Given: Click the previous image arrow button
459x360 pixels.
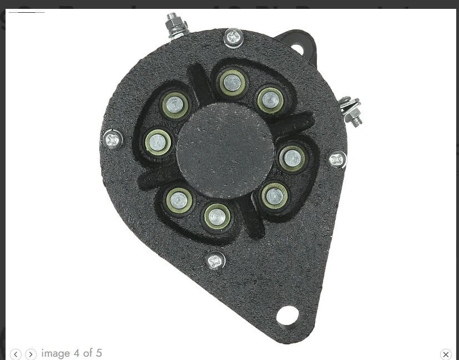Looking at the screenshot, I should click(x=16, y=354).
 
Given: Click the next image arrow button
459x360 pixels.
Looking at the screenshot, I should click(x=31, y=354).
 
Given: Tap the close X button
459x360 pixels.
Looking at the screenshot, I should click(x=446, y=354).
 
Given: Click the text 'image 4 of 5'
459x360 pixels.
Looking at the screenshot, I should click(x=72, y=353).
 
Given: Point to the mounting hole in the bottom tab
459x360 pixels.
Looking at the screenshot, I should click(x=287, y=316).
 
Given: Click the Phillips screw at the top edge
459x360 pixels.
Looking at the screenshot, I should click(x=234, y=38).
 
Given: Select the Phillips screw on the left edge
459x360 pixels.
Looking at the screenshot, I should click(x=113, y=139).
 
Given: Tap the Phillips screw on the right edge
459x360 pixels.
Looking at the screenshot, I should click(x=337, y=160).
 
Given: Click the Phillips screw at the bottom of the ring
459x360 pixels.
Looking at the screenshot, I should click(x=215, y=260).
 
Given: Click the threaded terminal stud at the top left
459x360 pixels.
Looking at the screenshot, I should click(x=176, y=25).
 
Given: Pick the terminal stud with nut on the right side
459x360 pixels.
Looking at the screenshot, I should click(x=351, y=110).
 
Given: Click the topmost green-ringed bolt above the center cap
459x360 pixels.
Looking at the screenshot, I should click(x=232, y=83).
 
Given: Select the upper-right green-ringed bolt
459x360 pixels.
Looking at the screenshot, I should click(x=270, y=100).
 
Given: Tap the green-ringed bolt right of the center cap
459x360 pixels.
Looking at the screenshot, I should click(x=291, y=158).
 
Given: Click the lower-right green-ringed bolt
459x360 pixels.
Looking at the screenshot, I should click(x=274, y=195).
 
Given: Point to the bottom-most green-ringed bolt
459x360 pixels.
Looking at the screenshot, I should click(x=217, y=216).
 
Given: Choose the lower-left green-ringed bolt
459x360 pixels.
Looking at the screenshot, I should click(x=179, y=199).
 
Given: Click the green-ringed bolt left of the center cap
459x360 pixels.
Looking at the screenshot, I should click(x=158, y=143).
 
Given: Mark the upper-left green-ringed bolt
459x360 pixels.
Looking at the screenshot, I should click(x=175, y=104).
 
